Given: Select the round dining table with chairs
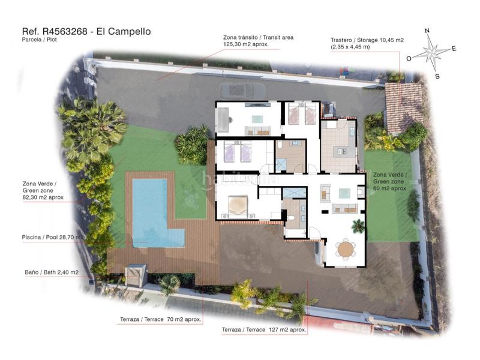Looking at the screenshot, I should pos(346,248).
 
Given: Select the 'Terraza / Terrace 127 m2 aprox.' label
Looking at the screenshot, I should pos(264,330).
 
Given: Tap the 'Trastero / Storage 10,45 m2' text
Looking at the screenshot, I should pos(367,40).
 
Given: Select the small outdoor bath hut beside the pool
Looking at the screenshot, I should pos(137,275).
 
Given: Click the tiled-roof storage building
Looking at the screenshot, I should pos(403,108).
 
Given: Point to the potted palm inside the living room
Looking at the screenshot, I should pos(358,226).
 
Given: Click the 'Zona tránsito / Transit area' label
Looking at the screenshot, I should pos(258,37).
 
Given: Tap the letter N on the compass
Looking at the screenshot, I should pos(427,31).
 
